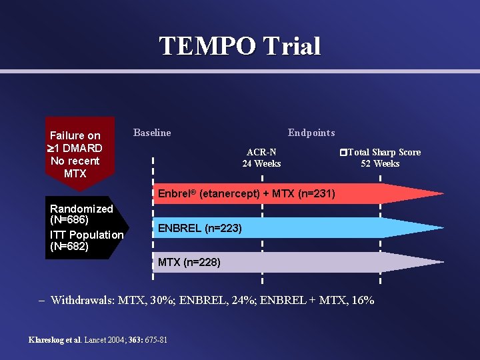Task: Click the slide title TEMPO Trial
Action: (240, 46)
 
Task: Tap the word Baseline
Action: (152, 133)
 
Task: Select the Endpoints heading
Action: (311, 133)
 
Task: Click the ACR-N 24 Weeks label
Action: (261, 158)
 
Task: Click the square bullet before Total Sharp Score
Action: (343, 153)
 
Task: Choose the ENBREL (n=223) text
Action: (200, 228)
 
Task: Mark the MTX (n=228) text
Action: (189, 263)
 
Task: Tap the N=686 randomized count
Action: (69, 219)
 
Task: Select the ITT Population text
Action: (87, 235)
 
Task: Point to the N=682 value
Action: (69, 246)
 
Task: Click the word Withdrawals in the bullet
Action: (83, 300)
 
